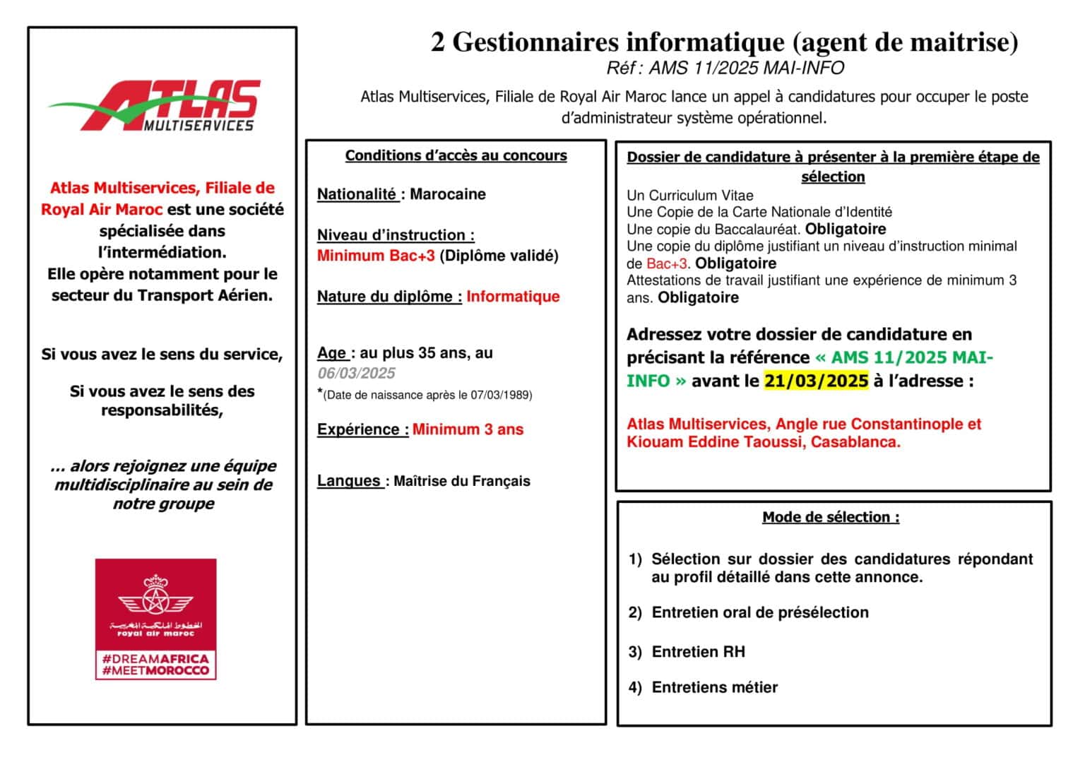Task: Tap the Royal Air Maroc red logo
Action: (x=155, y=618)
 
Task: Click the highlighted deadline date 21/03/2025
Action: (x=816, y=381)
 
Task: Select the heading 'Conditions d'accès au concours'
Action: (x=456, y=155)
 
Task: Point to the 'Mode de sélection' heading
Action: (x=831, y=517)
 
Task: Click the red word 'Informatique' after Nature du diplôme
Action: (x=513, y=297)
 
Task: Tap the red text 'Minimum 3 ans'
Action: (x=468, y=429)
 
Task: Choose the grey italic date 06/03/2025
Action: (x=356, y=373)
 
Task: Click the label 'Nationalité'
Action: (x=357, y=194)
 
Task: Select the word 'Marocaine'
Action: (x=448, y=194)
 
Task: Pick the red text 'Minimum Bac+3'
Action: (x=376, y=256)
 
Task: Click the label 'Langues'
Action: (x=349, y=481)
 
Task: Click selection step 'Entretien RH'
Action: (x=698, y=652)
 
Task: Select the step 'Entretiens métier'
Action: (x=714, y=687)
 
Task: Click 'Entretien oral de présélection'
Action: (x=760, y=612)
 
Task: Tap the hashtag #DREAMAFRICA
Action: (x=155, y=658)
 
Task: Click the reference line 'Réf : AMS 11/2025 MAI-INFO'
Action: (x=725, y=68)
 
